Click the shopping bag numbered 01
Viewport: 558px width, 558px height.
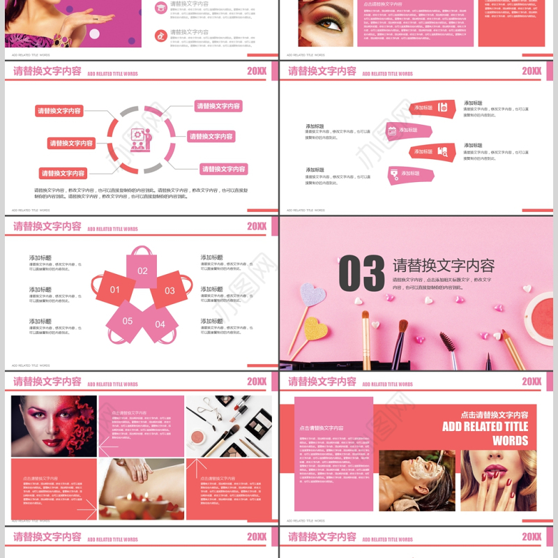115,289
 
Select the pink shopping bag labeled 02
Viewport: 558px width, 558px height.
142,269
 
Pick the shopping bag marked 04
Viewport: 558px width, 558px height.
160,323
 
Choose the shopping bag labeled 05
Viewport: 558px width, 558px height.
127,321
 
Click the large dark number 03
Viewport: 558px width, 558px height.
361,273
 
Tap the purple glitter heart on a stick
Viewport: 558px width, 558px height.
312,294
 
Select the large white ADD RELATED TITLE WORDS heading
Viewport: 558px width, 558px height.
485,433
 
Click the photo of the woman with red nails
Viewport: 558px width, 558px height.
498,480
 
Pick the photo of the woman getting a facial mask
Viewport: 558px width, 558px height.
416,480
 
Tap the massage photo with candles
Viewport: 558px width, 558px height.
141,489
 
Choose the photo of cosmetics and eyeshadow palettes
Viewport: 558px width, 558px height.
228,425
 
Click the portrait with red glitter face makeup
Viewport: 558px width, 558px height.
54,425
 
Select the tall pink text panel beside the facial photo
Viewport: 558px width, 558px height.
333,453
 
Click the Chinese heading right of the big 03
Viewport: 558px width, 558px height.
444,266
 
